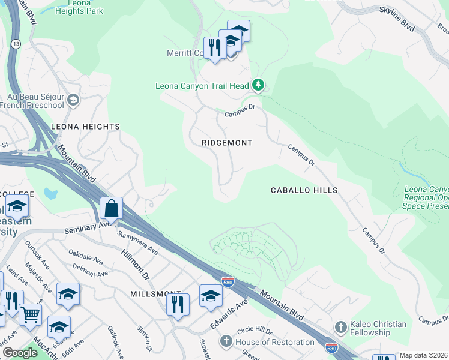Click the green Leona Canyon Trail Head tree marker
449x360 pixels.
(x=258, y=85)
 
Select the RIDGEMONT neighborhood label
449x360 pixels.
(x=226, y=143)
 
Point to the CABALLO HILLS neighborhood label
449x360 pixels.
(x=304, y=190)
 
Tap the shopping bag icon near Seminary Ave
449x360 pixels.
(x=111, y=209)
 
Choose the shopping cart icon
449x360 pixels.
(x=30, y=313)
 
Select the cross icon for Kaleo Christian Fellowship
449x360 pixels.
(x=340, y=328)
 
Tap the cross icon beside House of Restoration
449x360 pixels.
(x=226, y=342)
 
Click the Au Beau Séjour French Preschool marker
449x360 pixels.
(x=73, y=100)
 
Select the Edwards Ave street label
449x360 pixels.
(x=229, y=314)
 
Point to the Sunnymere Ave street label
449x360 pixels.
(x=137, y=243)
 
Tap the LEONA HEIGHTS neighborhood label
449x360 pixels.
(x=85, y=127)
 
